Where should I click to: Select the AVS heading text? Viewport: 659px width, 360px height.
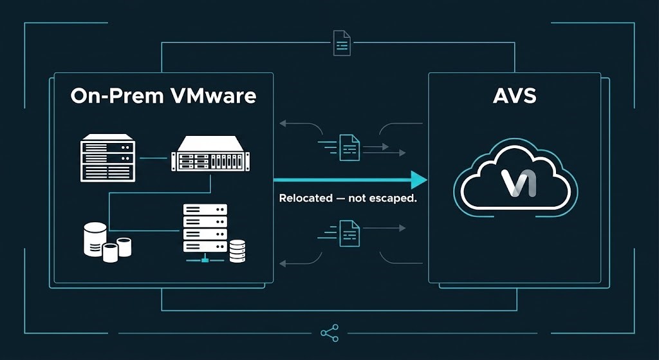pos(514,97)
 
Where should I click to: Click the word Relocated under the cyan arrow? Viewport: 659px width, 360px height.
pos(305,198)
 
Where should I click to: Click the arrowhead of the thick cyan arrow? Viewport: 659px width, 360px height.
pos(419,179)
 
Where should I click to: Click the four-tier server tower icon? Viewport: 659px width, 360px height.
pos(205,228)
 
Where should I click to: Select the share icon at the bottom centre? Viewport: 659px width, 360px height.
pos(329,332)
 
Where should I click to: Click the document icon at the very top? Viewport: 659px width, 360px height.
pos(341,43)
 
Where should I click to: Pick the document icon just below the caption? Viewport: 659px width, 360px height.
pos(349,232)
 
